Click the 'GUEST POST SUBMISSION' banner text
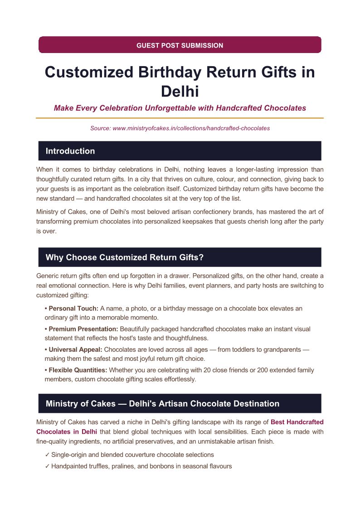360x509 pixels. pyautogui.click(x=180, y=45)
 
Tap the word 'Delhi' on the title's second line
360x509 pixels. pyautogui.click(x=180, y=91)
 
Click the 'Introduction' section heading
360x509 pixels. pyautogui.click(x=70, y=151)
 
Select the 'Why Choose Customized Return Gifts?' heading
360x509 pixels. pyautogui.click(x=125, y=257)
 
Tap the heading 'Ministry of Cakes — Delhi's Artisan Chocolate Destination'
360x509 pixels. pyautogui.click(x=162, y=403)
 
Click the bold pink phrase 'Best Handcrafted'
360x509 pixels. pyautogui.click(x=297, y=422)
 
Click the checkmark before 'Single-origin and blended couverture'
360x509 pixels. pyautogui.click(x=47, y=455)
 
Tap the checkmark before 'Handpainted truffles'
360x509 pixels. pyautogui.click(x=47, y=466)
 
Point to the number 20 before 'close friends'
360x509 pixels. pyautogui.click(x=204, y=370)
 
